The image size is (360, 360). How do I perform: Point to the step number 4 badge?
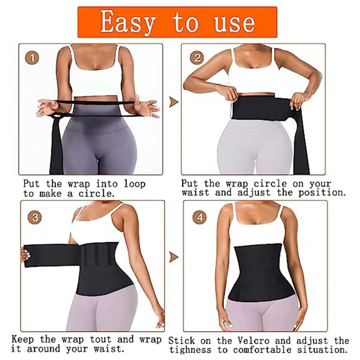point(197,217)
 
